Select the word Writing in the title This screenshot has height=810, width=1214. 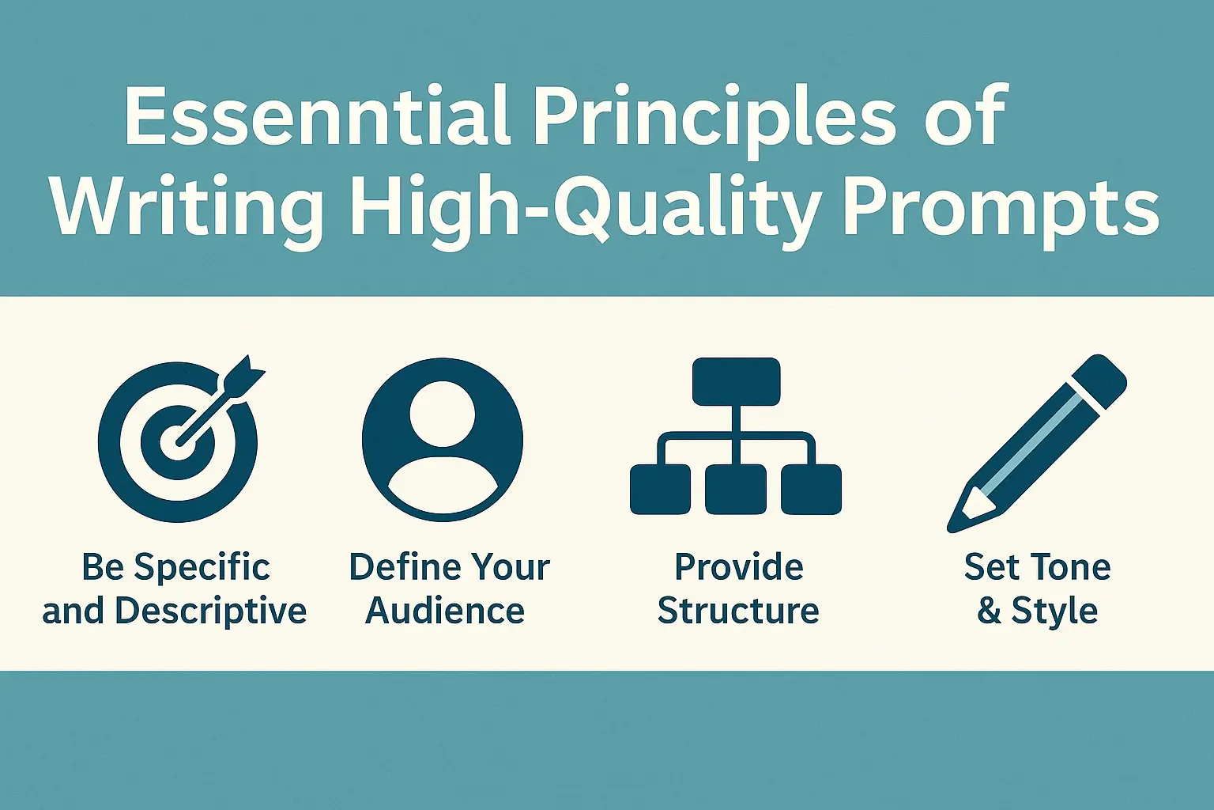(x=187, y=207)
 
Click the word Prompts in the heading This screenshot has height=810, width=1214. (x=1000, y=207)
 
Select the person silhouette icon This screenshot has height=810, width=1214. (x=442, y=440)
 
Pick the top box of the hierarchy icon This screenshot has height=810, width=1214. (x=736, y=381)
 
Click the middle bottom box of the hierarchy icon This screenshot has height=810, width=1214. (x=736, y=490)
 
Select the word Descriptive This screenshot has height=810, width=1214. (x=210, y=611)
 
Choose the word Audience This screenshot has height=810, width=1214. (x=445, y=611)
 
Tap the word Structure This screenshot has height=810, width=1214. (x=738, y=611)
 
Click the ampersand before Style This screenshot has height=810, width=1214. (x=990, y=611)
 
